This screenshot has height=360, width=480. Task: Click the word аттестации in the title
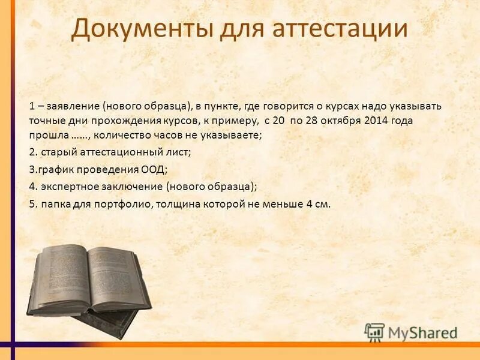coord(338,29)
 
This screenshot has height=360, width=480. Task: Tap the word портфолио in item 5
coord(127,203)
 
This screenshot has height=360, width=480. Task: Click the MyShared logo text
coord(422,332)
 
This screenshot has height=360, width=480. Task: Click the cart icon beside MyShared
coord(375,332)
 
